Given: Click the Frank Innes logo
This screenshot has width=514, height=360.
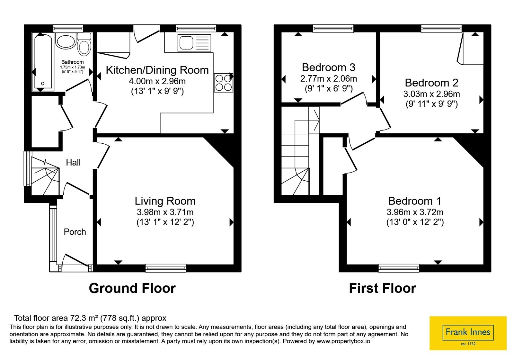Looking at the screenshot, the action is click(468, 333).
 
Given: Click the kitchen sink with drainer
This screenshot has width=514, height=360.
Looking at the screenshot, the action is click(194, 43).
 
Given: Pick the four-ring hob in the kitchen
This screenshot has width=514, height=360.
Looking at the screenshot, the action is click(224, 83).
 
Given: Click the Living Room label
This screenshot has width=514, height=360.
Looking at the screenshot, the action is click(165, 201).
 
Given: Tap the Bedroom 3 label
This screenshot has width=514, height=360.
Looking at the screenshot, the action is click(329, 67).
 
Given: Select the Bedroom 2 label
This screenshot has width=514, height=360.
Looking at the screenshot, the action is click(431, 83).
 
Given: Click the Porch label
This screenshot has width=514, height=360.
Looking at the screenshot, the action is click(75, 232).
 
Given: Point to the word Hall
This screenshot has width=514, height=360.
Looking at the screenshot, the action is click(73, 163).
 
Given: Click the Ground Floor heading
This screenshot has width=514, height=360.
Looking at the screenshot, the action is click(132, 288).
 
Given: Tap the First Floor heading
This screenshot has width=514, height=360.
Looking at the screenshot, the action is click(383, 288).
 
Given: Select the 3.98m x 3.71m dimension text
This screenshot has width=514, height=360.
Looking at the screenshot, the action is click(165, 212).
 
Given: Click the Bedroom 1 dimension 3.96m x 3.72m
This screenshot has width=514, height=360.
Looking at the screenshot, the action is click(415, 212).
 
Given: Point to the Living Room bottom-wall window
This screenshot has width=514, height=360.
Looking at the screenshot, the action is click(166, 268).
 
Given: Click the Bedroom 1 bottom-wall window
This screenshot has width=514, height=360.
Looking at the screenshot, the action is click(399, 268).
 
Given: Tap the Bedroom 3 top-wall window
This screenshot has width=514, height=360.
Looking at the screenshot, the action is click(333, 28).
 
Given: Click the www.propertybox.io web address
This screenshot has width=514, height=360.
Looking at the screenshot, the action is click(343, 341).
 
